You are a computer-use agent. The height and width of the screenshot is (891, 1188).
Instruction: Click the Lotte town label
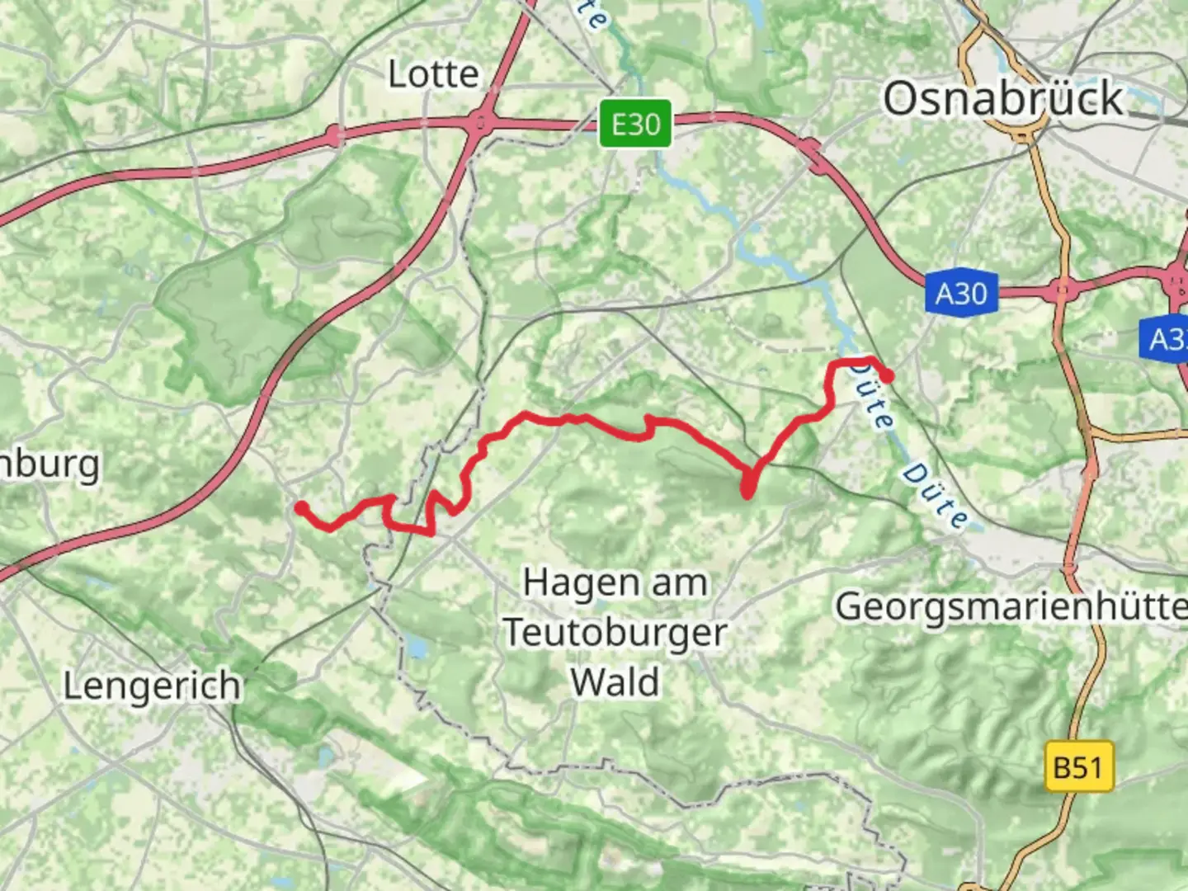(x=433, y=75)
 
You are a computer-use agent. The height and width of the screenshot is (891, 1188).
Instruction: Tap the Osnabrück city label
(x=1003, y=99)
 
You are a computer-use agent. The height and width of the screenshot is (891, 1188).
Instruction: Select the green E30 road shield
(x=635, y=125)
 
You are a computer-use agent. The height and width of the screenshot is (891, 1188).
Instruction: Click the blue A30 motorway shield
(x=961, y=293)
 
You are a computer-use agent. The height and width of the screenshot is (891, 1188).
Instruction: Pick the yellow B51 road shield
(x=1078, y=767)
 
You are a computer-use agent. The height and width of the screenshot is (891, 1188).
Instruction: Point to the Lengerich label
(x=153, y=686)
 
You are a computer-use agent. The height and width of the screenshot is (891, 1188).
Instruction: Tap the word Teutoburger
(x=615, y=633)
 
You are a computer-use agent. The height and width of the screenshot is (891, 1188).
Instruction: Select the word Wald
(x=615, y=682)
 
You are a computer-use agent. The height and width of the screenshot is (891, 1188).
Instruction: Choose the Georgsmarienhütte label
(x=1011, y=606)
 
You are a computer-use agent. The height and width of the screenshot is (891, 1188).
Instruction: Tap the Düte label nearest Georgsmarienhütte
(x=935, y=495)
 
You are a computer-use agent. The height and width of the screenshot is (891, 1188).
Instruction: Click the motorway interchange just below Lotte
(x=481, y=125)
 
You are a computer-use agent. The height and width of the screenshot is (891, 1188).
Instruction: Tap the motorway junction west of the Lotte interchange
(x=334, y=134)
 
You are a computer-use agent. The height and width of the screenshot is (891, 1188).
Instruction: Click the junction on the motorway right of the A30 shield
(x=1061, y=290)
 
